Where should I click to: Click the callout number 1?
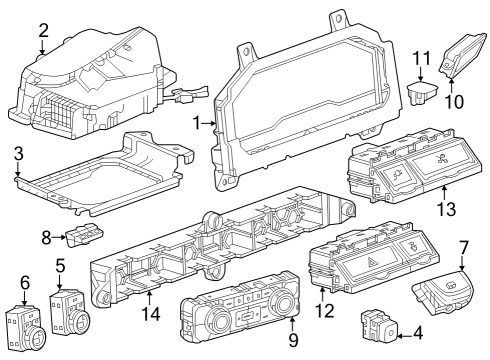pos(197,123)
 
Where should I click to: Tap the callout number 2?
pos(42,31)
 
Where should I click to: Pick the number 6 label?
pos(25,283)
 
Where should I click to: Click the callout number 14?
pos(150,313)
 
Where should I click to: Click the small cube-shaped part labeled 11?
pos(421,94)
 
